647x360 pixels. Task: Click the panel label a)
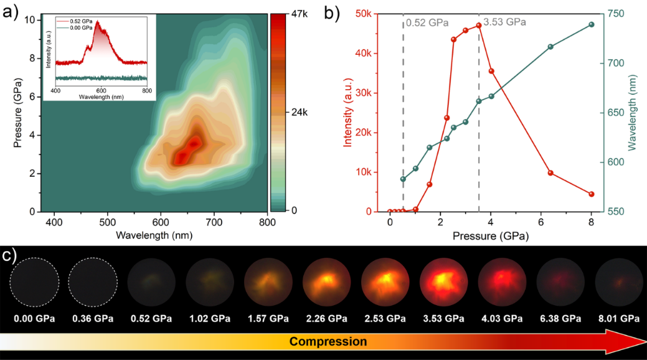click(x=10, y=12)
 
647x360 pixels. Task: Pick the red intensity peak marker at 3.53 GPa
click(x=479, y=26)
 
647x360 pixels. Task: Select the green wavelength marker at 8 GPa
click(x=592, y=24)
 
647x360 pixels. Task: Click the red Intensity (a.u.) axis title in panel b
click(x=347, y=113)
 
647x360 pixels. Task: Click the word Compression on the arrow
click(x=328, y=341)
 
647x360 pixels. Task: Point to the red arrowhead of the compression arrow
click(x=632, y=341)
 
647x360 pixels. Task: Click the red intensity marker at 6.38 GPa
click(x=550, y=173)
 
